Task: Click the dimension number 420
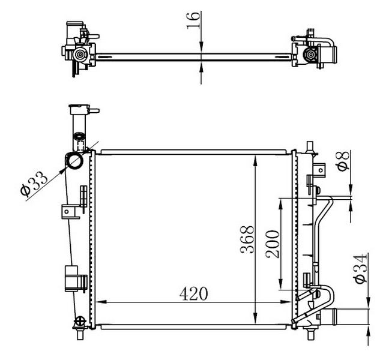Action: click(x=193, y=293)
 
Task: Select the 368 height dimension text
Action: click(x=247, y=239)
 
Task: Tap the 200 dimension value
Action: click(x=273, y=244)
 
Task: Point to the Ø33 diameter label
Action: click(x=34, y=184)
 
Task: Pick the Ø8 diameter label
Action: click(x=343, y=161)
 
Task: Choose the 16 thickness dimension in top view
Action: click(x=193, y=20)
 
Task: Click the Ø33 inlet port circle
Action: click(x=75, y=160)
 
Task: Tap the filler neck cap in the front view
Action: click(x=79, y=110)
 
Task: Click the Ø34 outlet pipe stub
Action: click(x=328, y=317)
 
